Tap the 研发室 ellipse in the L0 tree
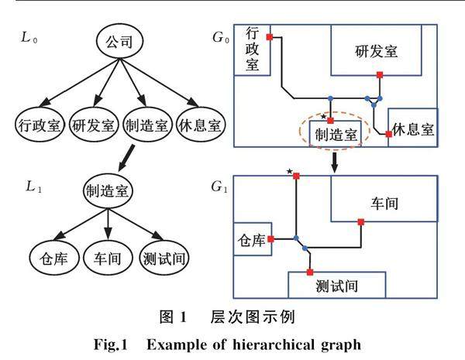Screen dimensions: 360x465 [91, 123]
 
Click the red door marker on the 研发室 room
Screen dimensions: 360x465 [380, 75]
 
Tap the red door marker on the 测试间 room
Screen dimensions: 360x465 [309, 272]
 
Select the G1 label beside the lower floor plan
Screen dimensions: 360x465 [219, 187]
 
